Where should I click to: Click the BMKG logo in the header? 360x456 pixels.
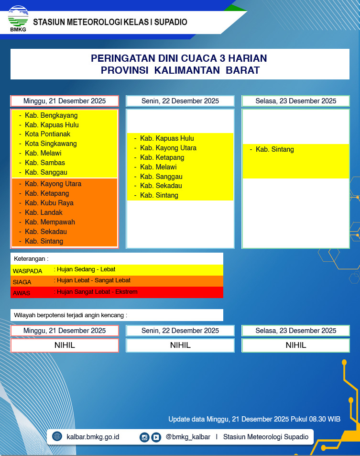(18, 18)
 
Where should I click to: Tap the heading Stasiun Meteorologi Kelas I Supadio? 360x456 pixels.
(110, 22)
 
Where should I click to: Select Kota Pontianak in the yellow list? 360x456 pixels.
(47, 134)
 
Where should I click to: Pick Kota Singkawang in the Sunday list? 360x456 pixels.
(51, 144)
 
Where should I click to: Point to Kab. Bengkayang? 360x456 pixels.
(51, 115)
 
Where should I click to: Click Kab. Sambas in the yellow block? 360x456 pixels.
(45, 163)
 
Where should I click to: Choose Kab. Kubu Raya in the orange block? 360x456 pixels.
(49, 203)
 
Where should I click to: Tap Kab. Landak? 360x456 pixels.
(44, 212)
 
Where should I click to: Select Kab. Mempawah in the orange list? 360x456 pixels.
(50, 222)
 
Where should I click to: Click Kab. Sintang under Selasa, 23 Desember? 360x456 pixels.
(274, 149)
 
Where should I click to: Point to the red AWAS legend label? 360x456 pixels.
(22, 293)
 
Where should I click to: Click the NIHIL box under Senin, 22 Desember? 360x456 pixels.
(180, 345)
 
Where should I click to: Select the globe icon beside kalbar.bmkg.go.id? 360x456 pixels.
(57, 436)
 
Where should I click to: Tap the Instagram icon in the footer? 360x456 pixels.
(144, 437)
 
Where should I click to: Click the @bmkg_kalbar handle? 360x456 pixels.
(188, 437)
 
